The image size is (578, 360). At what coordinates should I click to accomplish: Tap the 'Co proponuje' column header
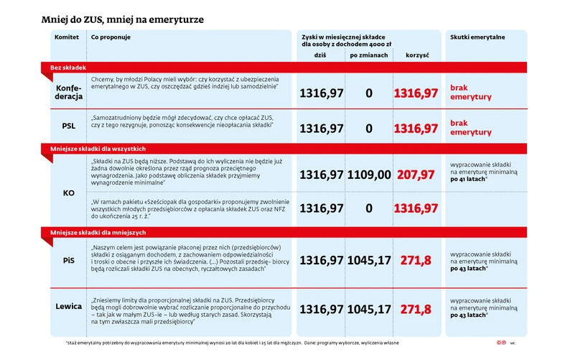pyautogui.click(x=111, y=37)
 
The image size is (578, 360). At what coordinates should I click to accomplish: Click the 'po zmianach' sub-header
pyautogui.click(x=369, y=55)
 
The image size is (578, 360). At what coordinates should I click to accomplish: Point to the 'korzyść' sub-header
pyautogui.click(x=416, y=55)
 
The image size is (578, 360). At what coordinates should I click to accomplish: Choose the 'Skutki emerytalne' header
pyautogui.click(x=477, y=37)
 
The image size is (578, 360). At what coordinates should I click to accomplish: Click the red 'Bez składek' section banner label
pyautogui.click(x=68, y=67)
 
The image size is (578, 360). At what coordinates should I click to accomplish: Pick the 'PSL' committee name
pyautogui.click(x=69, y=128)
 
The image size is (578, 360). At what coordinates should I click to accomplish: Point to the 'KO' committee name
pyautogui.click(x=69, y=193)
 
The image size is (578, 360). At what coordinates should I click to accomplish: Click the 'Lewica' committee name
pyautogui.click(x=69, y=308)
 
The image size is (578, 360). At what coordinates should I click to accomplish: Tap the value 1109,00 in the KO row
pyautogui.click(x=369, y=175)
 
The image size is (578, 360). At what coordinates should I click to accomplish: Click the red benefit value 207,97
pyautogui.click(x=416, y=175)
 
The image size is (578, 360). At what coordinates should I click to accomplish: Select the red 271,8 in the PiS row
pyautogui.click(x=416, y=260)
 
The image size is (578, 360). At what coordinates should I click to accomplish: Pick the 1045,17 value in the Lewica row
pyautogui.click(x=369, y=310)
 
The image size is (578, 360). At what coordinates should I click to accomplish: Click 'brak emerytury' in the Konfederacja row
pyautogui.click(x=470, y=91)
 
